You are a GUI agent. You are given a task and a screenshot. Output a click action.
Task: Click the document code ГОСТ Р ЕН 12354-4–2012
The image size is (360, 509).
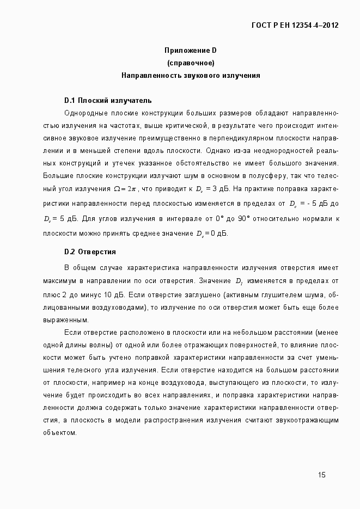(295, 25)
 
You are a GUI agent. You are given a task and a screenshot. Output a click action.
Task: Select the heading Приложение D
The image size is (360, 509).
(191, 50)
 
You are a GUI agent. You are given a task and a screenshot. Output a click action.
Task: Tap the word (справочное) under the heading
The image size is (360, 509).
(191, 63)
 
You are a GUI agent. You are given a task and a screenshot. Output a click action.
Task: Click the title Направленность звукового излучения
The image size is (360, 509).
(191, 75)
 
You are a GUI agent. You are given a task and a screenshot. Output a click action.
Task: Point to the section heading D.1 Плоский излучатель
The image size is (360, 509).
(108, 101)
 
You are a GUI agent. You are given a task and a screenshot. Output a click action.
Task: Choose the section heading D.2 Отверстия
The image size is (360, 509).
(90, 252)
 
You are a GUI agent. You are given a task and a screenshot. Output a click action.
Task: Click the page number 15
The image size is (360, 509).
(322, 475)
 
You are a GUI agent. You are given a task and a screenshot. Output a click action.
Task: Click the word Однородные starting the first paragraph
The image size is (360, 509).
(84, 114)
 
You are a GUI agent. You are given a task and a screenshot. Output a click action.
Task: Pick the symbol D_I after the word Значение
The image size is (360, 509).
(239, 281)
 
